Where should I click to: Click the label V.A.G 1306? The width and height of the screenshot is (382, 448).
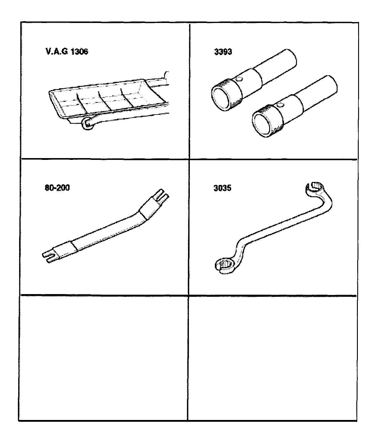tap(67, 52)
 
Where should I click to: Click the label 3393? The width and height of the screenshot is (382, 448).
tap(223, 52)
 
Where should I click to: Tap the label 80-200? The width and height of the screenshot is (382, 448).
tap(57, 188)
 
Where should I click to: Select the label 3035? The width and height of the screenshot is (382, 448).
tap(222, 188)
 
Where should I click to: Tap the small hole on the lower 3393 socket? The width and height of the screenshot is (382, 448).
tap(280, 105)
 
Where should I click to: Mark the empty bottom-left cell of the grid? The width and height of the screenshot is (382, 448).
tap(103, 358)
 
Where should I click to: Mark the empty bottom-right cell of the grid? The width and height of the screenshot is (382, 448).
tap(272, 358)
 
